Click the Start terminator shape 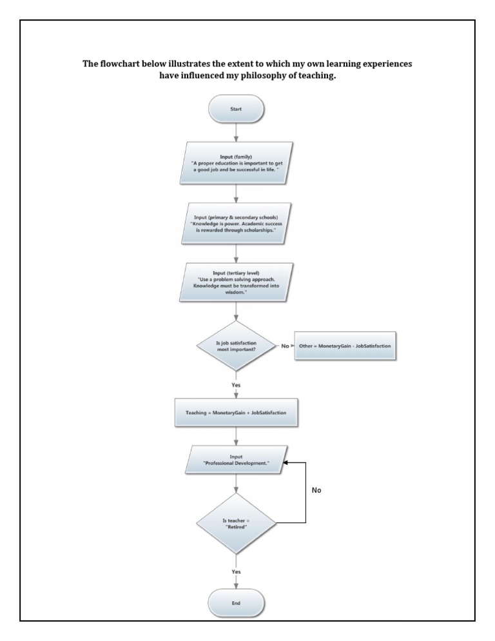(237, 109)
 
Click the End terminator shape (237, 603)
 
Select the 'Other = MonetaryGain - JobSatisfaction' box (345, 346)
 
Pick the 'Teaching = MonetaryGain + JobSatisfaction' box (236, 411)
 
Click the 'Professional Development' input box (237, 460)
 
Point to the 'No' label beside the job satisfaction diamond (284, 346)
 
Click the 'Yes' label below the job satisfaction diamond (236, 384)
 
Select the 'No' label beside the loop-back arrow (316, 490)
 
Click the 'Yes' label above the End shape (236, 572)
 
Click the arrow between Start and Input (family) (237, 132)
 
